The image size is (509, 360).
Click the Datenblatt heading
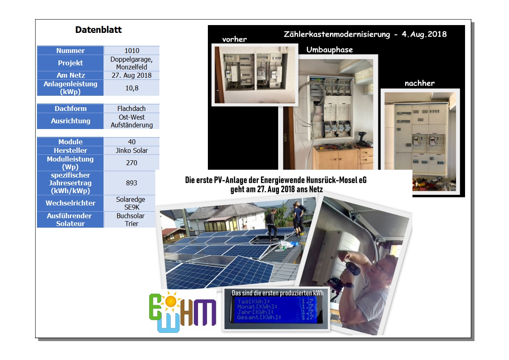click(99, 30)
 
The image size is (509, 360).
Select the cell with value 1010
click(132, 51)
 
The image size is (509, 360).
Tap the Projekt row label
click(70, 63)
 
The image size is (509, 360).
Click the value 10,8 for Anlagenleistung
click(132, 88)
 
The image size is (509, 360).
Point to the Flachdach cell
click(132, 108)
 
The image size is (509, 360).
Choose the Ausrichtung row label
click(70, 121)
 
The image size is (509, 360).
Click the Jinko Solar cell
click(132, 150)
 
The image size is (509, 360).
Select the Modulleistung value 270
click(132, 163)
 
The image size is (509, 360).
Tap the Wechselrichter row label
click(70, 203)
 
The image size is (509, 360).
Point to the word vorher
click(234, 39)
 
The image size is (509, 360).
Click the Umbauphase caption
click(329, 50)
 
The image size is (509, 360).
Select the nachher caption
click(419, 83)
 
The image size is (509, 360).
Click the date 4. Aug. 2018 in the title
click(424, 34)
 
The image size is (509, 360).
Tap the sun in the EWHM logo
click(170, 302)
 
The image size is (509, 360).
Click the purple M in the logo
click(205, 312)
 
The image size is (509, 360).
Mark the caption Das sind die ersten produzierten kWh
click(277, 293)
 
